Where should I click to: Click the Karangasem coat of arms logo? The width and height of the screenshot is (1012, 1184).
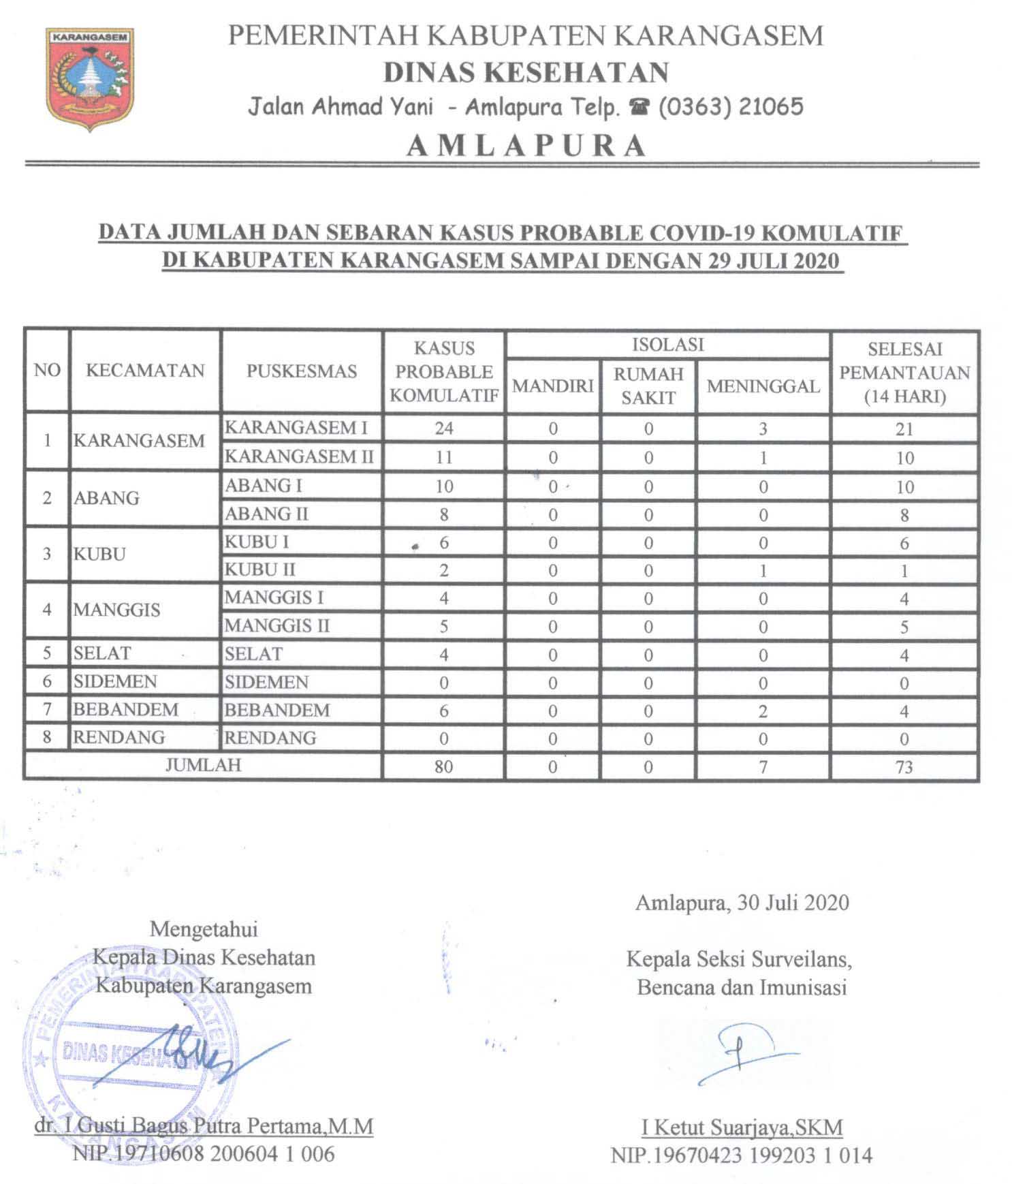click(90, 78)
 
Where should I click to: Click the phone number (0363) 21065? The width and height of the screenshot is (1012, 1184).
click(730, 107)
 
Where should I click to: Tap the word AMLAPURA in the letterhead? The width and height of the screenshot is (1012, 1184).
click(526, 145)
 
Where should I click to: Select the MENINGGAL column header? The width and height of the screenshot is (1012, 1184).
click(763, 386)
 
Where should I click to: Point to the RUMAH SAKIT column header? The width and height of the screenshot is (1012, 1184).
click(648, 386)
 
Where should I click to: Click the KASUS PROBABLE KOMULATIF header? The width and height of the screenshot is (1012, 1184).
click(444, 372)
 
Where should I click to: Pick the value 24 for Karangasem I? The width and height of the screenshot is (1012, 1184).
click(444, 429)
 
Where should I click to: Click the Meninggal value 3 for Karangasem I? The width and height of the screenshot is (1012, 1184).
click(763, 429)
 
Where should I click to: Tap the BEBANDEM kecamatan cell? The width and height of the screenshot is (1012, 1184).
click(126, 710)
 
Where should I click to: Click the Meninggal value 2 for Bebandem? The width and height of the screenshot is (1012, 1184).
click(763, 711)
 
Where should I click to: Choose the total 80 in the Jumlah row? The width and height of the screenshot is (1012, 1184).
click(443, 767)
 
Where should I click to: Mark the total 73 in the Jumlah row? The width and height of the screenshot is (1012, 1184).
click(904, 767)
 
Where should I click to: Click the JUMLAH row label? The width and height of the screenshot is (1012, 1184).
click(203, 765)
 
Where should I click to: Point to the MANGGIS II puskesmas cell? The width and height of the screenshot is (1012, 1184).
click(277, 625)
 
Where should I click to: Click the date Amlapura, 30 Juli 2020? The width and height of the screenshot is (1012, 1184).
click(742, 903)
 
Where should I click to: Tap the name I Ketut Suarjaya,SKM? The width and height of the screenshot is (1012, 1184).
click(742, 1127)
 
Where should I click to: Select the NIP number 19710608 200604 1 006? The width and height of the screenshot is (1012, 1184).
click(204, 1153)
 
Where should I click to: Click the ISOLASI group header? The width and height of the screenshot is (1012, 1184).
click(667, 345)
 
